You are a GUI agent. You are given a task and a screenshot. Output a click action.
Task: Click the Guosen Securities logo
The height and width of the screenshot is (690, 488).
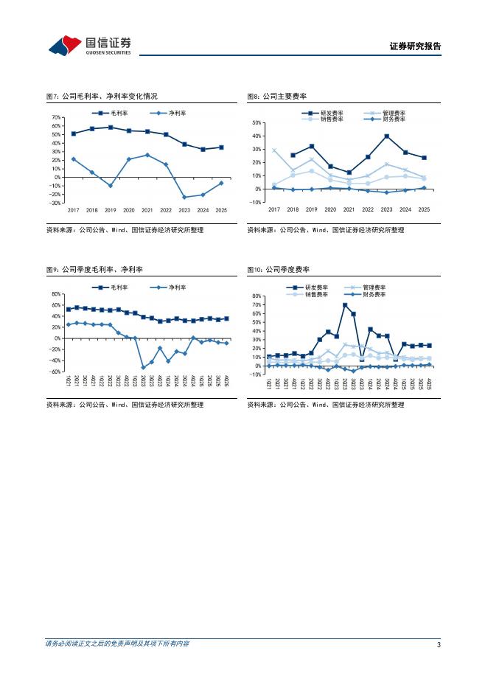[x=89, y=46]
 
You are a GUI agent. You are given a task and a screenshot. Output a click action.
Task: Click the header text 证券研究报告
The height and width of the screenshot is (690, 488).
[x=415, y=46]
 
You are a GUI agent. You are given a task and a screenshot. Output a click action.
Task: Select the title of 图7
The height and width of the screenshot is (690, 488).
[x=102, y=97]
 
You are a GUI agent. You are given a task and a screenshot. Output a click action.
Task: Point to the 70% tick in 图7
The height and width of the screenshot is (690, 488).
[x=57, y=117]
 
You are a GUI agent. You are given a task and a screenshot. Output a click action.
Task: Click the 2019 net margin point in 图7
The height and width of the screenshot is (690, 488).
[x=111, y=186]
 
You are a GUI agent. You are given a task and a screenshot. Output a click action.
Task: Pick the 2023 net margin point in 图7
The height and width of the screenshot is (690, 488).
[x=184, y=197]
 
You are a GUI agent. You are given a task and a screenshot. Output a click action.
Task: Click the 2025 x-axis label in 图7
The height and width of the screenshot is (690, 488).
[x=221, y=210]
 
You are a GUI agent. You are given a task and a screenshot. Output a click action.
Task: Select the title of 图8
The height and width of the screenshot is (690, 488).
[x=276, y=97]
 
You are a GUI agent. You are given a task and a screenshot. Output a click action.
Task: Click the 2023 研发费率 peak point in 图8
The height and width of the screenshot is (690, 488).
[x=386, y=136]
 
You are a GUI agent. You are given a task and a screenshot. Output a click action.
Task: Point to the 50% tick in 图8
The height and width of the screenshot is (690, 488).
[x=257, y=123]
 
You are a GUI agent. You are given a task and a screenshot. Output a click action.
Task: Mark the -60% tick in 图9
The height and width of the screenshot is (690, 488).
[x=55, y=372]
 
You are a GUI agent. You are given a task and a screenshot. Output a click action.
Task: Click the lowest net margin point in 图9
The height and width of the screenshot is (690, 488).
[x=143, y=367]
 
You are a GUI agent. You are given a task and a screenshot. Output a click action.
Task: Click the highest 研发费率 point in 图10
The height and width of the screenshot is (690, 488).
[x=345, y=305]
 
